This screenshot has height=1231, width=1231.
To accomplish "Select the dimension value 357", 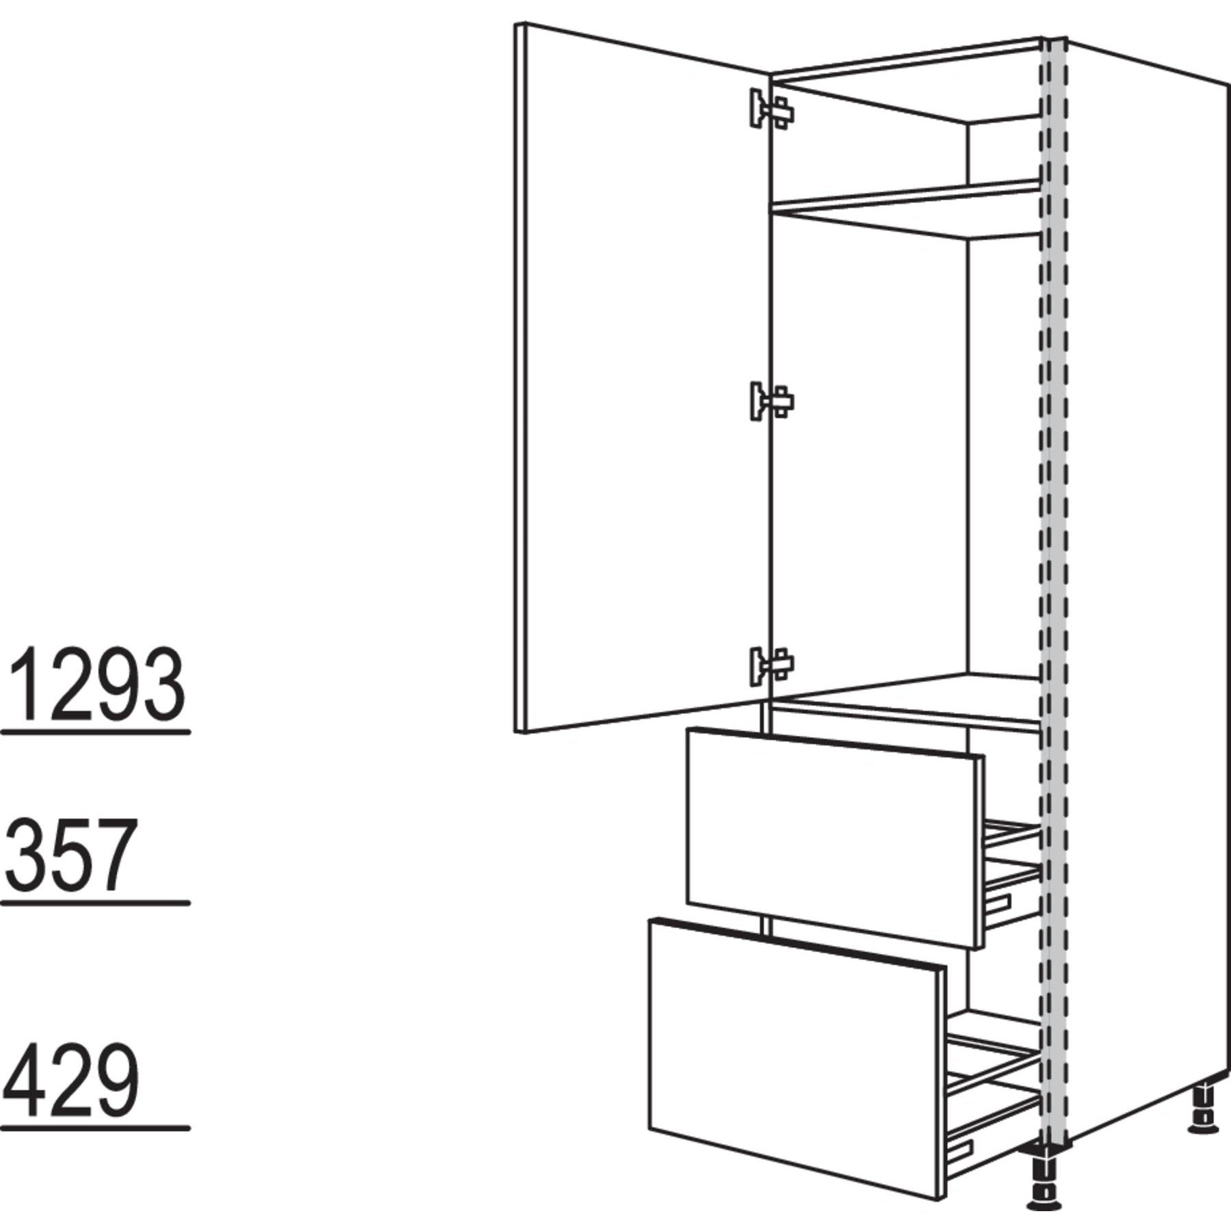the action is tap(68, 856).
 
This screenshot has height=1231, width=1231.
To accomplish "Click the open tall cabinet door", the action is tap(643, 378).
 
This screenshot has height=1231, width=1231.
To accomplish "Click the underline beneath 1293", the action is tap(96, 732).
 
